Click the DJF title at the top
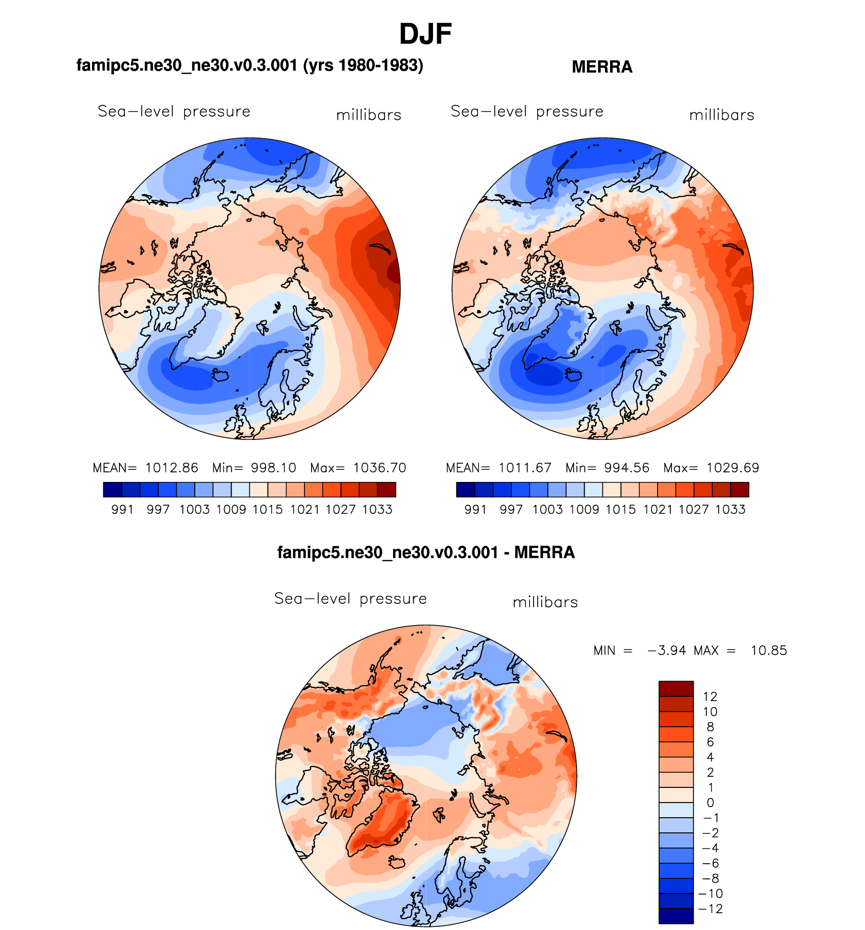tap(425, 34)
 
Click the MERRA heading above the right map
tap(602, 67)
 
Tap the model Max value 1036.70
tap(379, 468)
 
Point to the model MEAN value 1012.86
tap(171, 468)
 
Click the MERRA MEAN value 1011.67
tap(525, 468)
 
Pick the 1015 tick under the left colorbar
tap(268, 509)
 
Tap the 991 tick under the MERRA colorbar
tap(475, 509)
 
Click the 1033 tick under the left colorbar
tap(377, 509)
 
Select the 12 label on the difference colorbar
tap(710, 696)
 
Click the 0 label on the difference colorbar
tap(710, 803)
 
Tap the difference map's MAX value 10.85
tap(769, 650)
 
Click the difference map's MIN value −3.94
tap(667, 650)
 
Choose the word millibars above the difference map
tap(545, 602)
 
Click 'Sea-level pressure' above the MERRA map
tap(527, 111)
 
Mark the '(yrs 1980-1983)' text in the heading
tap(363, 65)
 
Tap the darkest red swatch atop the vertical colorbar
tap(676, 689)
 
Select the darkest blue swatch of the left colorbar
tap(112, 490)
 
